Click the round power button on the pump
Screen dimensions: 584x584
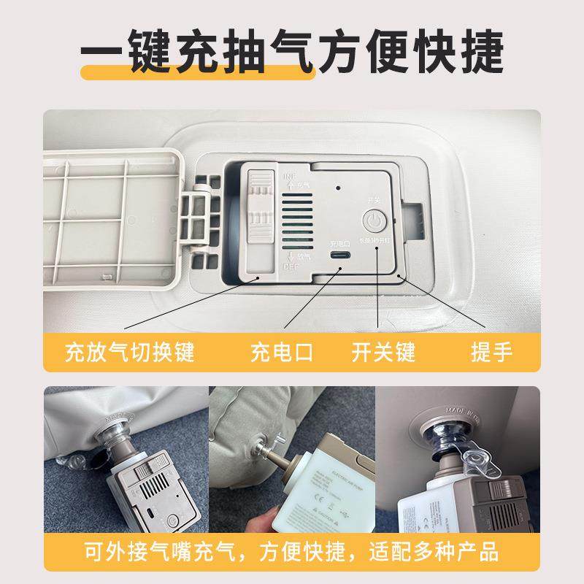(374, 220)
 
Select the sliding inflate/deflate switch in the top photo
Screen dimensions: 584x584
(258, 207)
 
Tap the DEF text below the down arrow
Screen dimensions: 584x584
(290, 268)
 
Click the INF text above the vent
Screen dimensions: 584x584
(289, 177)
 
